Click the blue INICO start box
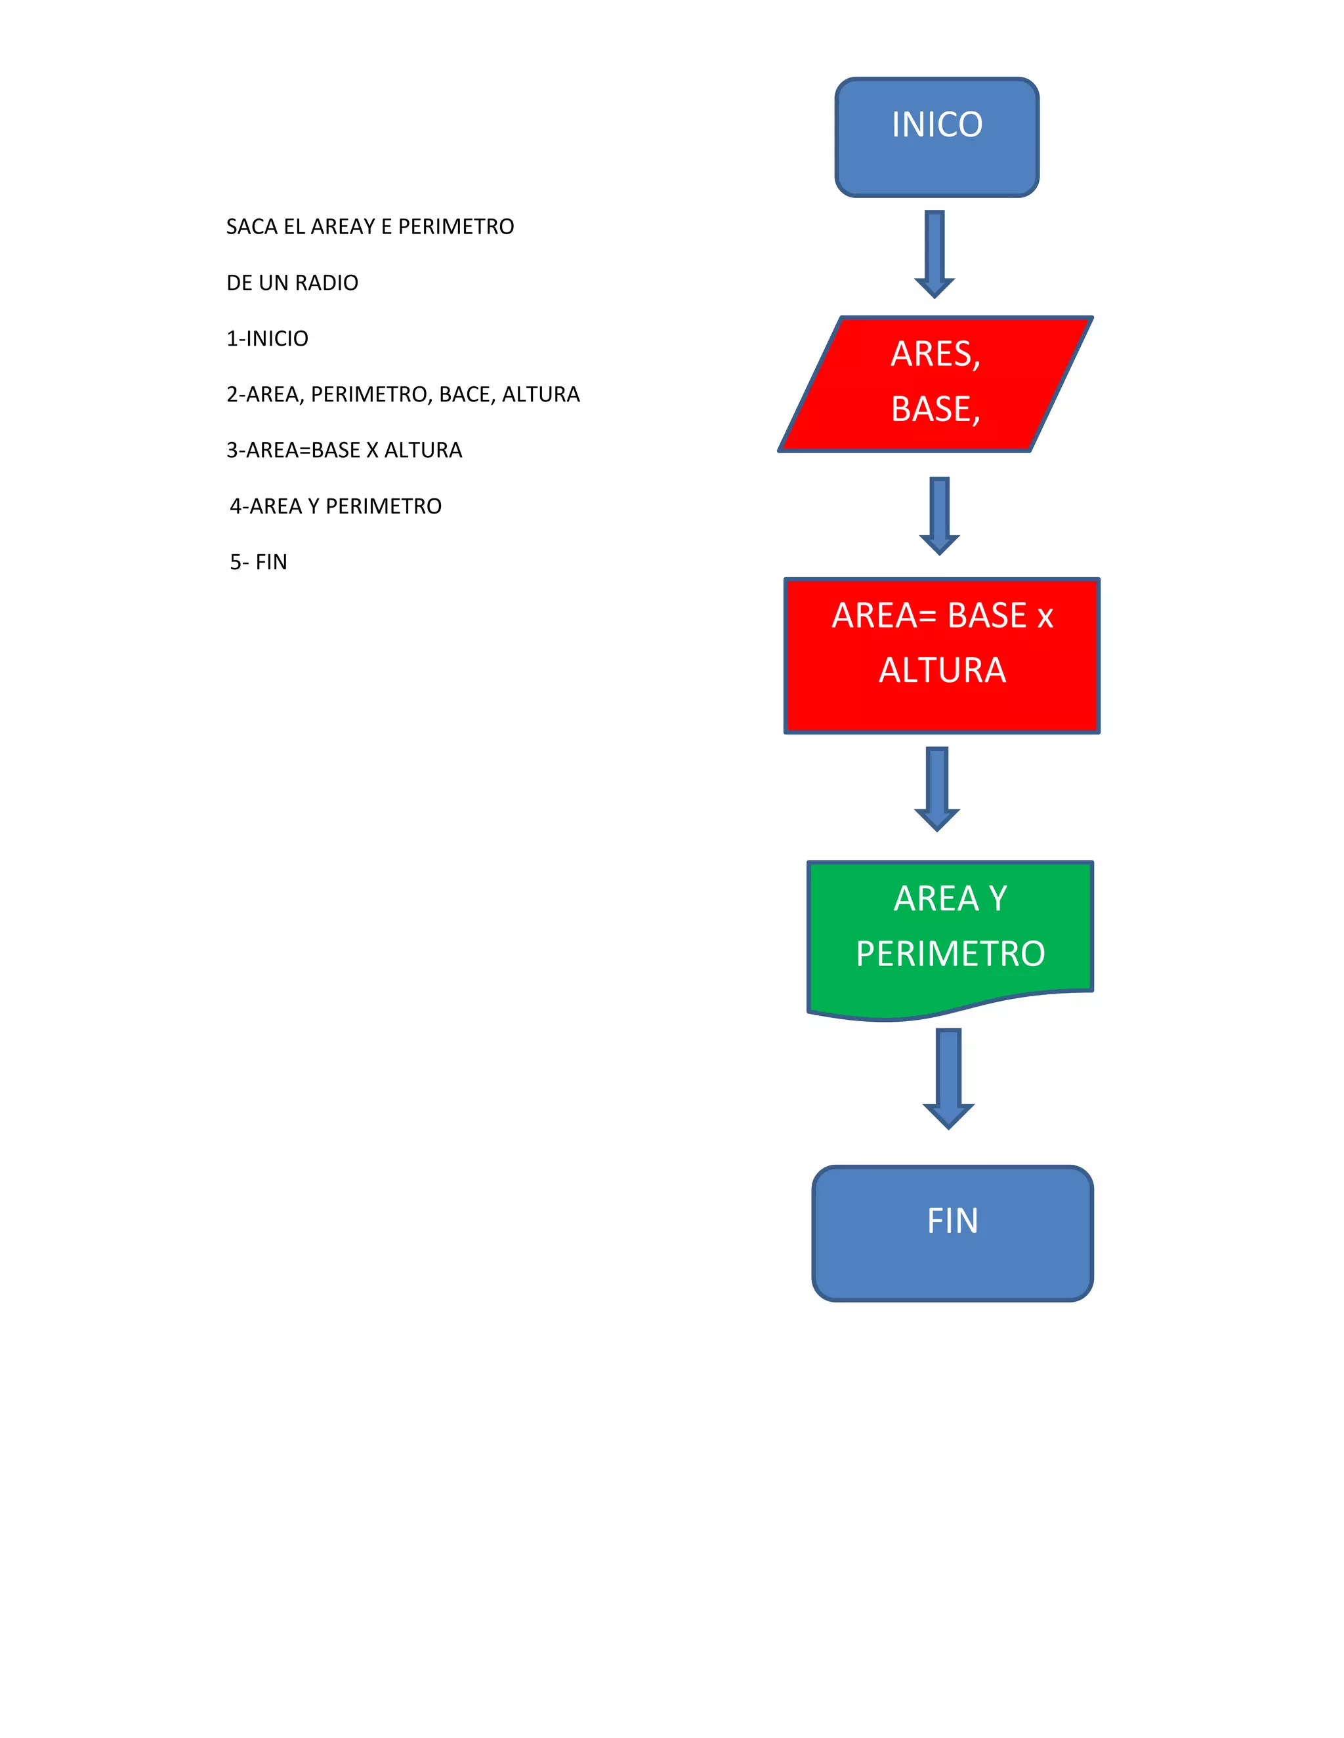click(x=936, y=138)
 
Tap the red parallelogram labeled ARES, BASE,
click(x=936, y=384)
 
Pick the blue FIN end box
click(x=952, y=1234)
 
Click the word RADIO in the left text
click(x=326, y=283)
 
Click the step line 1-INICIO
click(x=268, y=339)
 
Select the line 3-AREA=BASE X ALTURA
click(x=344, y=451)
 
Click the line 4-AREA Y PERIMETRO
click(x=335, y=507)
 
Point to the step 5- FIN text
click(x=258, y=563)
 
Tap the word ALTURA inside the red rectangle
click(x=942, y=671)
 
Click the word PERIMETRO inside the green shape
click(x=950, y=954)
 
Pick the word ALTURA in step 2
click(x=541, y=395)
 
